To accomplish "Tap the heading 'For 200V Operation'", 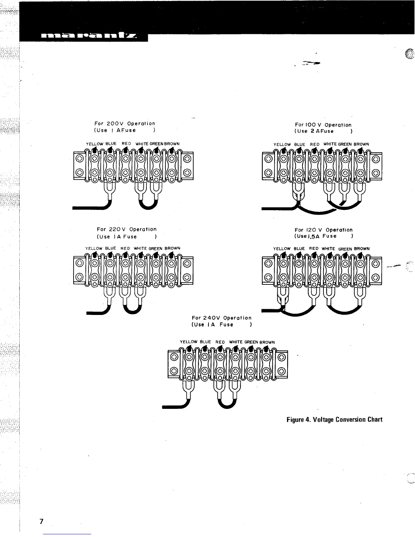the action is click(124, 124).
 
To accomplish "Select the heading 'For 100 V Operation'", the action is click(323, 125).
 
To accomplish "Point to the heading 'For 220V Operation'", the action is click(126, 230).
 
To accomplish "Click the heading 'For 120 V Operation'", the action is click(324, 230).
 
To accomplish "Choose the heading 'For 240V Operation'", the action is click(222, 318).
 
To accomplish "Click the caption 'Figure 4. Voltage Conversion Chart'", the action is click(334, 420).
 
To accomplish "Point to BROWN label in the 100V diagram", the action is click(361, 144).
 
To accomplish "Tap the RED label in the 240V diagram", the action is click(220, 342).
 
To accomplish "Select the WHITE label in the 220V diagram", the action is click(141, 248).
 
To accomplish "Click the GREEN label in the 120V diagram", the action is click(345, 249).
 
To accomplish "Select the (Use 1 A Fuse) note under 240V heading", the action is click(221, 325).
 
